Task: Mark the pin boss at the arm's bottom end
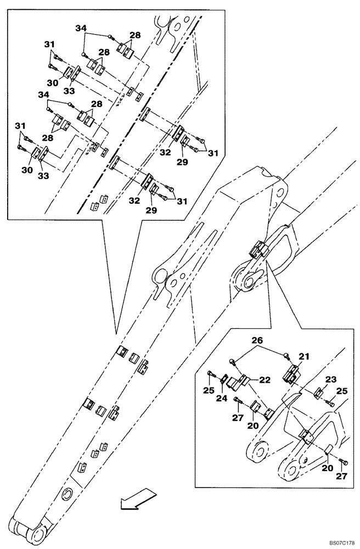(37, 535)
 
